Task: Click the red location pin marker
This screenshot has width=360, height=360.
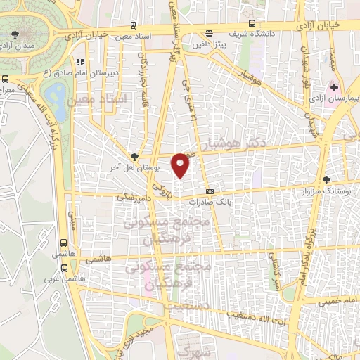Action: (181, 165)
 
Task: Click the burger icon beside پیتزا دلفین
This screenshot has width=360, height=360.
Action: (209, 32)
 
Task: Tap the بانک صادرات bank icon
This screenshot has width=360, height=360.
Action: (210, 191)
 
